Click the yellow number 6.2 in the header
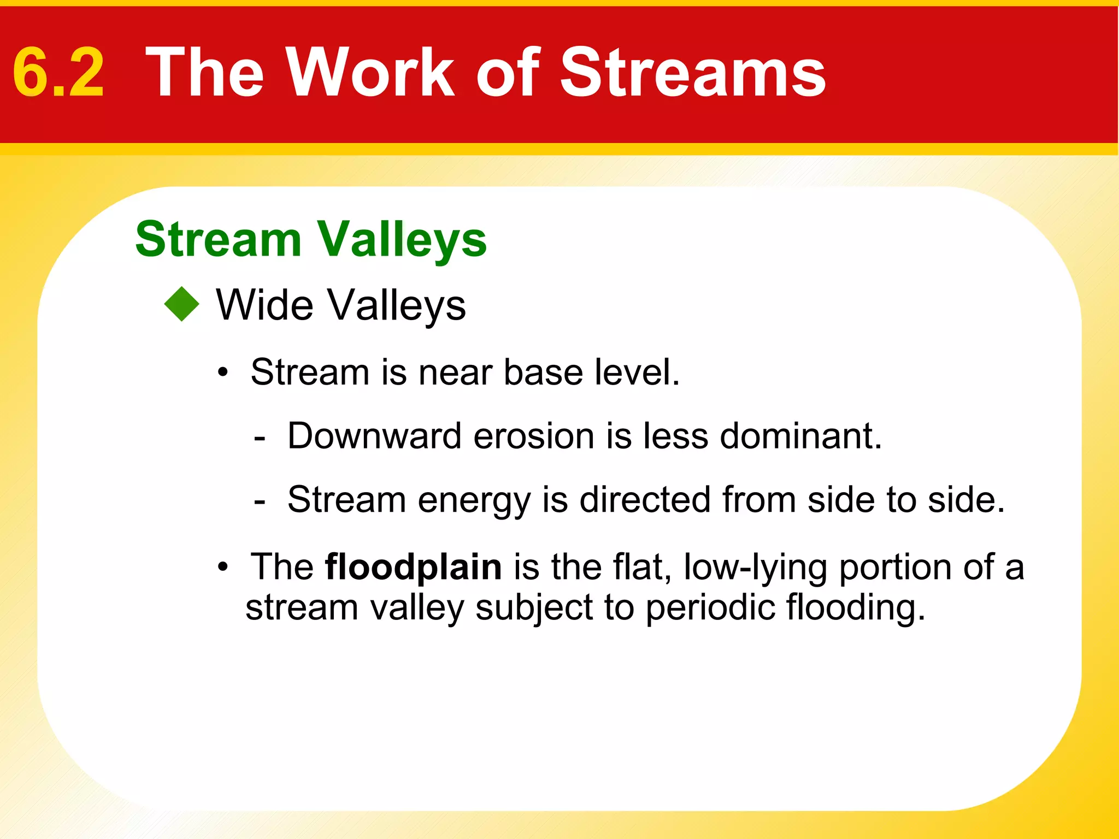[58, 73]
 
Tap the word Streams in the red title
[693, 73]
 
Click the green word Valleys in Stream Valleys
[402, 240]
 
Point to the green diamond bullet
[182, 304]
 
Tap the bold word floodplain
[413, 567]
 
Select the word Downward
[374, 436]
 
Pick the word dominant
[800, 436]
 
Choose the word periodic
[710, 607]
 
